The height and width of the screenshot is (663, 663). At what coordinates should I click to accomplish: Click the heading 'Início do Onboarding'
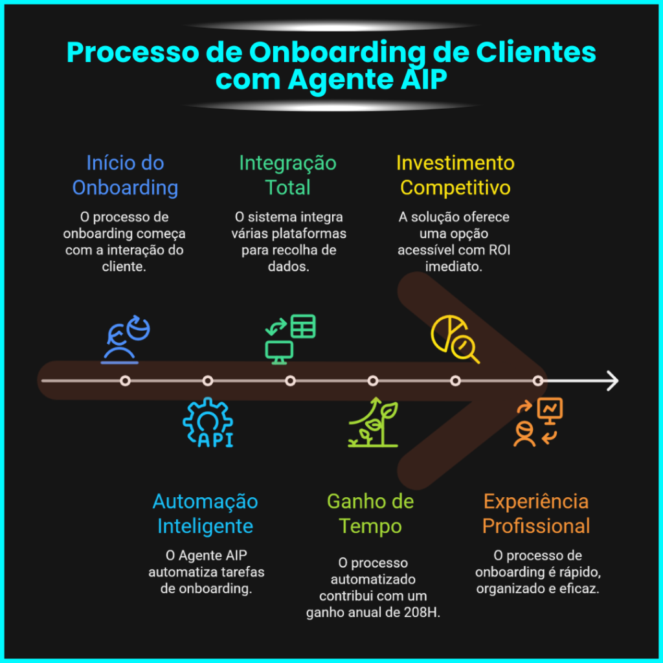coord(125,175)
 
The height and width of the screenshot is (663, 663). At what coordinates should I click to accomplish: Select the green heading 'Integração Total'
coord(287,175)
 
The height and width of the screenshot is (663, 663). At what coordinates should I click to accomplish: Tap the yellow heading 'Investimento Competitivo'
coord(455,175)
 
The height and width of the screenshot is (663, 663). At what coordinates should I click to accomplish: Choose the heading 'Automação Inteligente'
coord(205,513)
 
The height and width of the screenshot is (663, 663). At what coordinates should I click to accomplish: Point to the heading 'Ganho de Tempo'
coord(370,513)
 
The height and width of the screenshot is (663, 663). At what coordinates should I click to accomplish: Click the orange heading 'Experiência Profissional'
coord(536,513)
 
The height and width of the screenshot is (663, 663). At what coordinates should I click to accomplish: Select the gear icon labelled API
coord(207,423)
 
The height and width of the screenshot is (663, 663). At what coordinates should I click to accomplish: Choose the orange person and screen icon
coord(538,423)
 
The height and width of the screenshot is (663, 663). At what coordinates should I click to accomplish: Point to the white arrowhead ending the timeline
coord(612,381)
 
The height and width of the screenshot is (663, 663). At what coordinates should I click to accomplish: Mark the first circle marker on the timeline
coord(125,381)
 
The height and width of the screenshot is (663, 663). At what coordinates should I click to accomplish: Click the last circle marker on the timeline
coord(538,381)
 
